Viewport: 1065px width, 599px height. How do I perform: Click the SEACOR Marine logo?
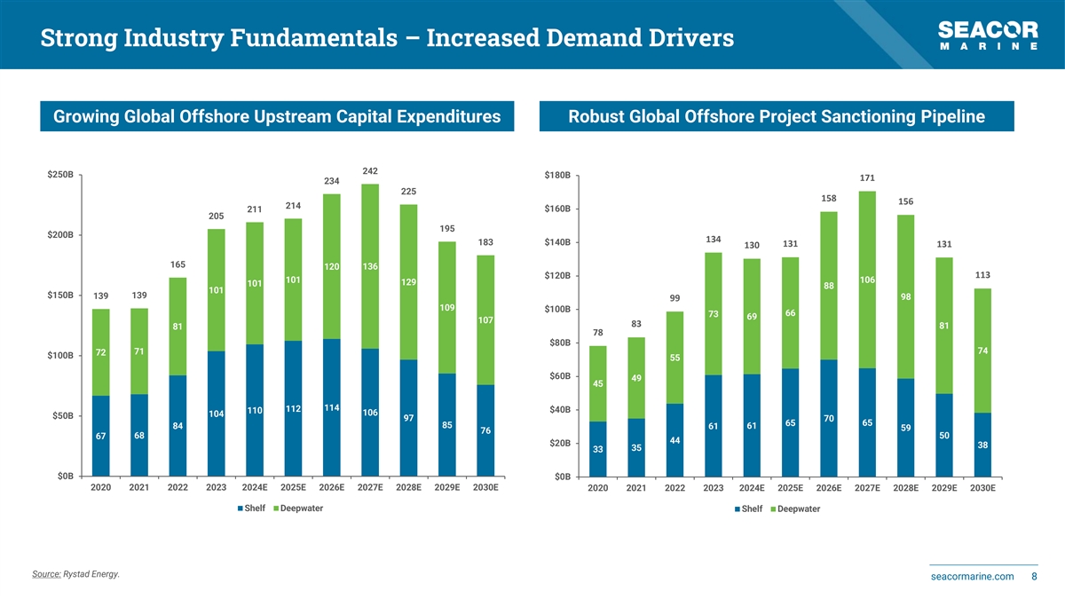pyautogui.click(x=989, y=35)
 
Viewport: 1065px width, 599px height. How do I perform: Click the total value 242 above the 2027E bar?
pyautogui.click(x=370, y=171)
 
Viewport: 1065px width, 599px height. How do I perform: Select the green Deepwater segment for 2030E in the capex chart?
pyautogui.click(x=485, y=319)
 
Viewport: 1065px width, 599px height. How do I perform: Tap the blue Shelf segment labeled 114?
pyautogui.click(x=332, y=408)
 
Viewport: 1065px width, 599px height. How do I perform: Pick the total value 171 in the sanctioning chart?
pyautogui.click(x=867, y=178)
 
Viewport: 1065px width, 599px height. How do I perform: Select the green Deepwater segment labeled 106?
pyautogui.click(x=867, y=280)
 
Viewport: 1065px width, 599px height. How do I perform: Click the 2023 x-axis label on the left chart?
pyautogui.click(x=216, y=487)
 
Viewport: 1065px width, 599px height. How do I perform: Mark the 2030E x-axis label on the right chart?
pyautogui.click(x=982, y=488)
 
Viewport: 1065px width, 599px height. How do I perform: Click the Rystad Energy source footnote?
pyautogui.click(x=75, y=574)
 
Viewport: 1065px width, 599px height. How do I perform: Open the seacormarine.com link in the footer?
pyautogui.click(x=972, y=577)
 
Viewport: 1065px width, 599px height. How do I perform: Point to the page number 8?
pyautogui.click(x=1035, y=577)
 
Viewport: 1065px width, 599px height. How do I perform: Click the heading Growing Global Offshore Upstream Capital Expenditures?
pyautogui.click(x=277, y=116)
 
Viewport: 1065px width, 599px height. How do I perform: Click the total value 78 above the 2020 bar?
pyautogui.click(x=597, y=333)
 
